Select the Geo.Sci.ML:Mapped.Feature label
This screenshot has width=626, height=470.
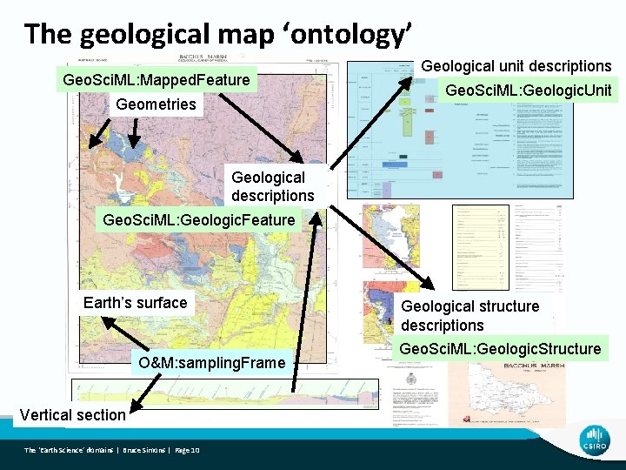point(156,80)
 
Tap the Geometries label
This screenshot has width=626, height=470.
point(156,104)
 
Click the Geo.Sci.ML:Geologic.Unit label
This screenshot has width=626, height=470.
point(528,91)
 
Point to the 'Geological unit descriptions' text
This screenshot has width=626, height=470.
point(516,66)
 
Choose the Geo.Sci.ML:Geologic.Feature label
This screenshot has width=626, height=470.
point(198,220)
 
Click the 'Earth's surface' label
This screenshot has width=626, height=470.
point(135,303)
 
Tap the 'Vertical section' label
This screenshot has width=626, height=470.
point(72,414)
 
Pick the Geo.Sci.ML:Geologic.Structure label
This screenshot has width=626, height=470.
point(499,348)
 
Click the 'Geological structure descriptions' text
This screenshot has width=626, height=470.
point(469,315)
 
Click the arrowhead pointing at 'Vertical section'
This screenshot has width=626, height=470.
point(133,403)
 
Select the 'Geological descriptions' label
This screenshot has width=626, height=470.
point(272,185)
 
